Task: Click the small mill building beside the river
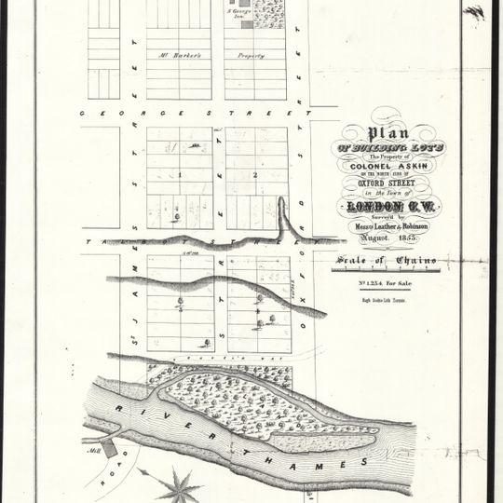click(x=110, y=448)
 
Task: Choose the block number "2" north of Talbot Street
click(x=253, y=174)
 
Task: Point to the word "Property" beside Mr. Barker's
click(x=250, y=55)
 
